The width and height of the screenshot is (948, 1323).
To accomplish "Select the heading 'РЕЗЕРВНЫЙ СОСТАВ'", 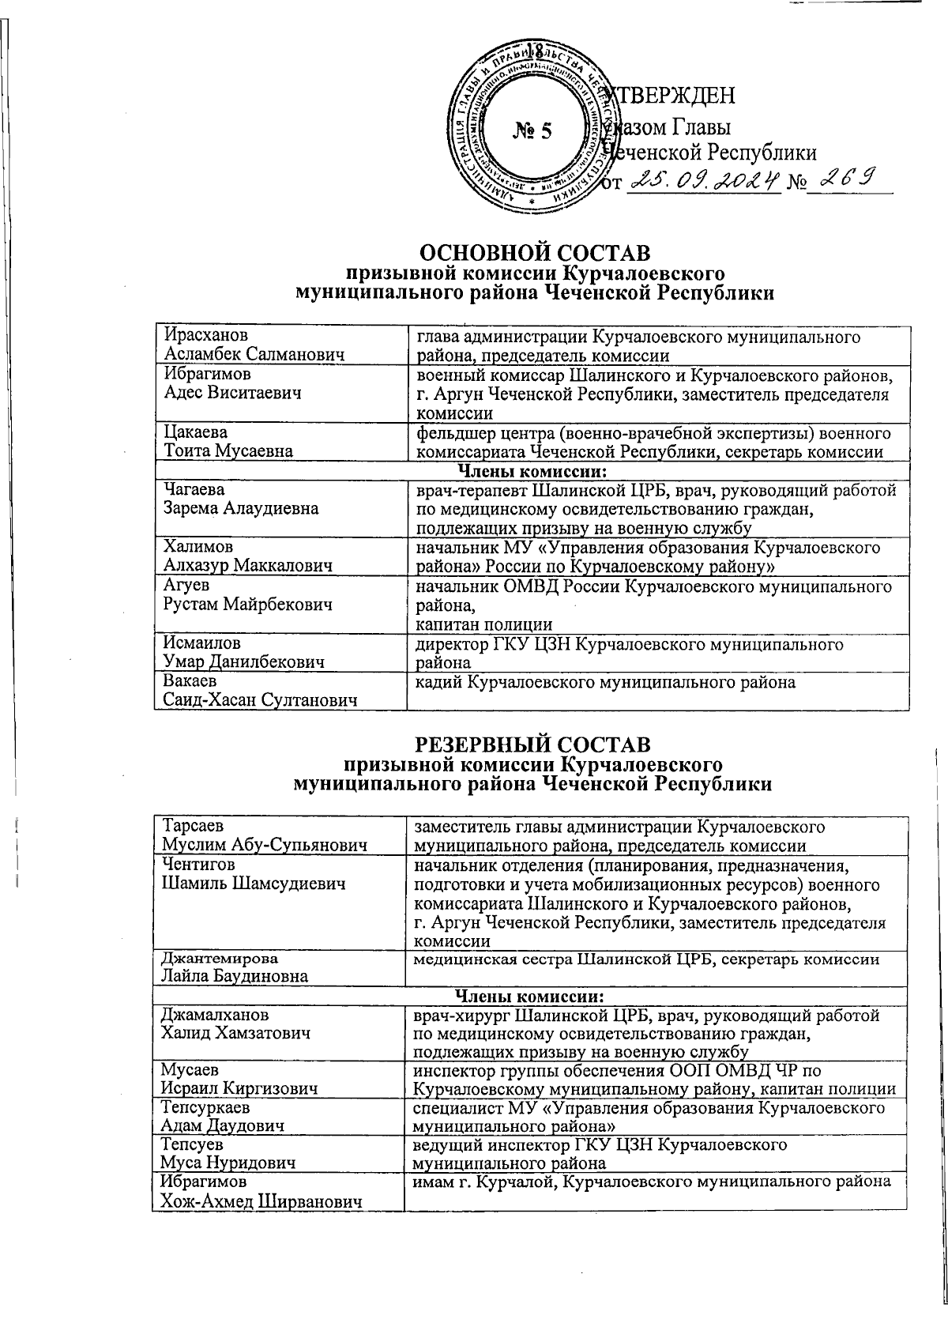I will pyautogui.click(x=534, y=744).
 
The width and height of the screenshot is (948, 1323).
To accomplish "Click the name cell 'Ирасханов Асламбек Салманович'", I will pyautogui.click(x=254, y=346).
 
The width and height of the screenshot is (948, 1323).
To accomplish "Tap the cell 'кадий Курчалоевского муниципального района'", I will pyautogui.click(x=605, y=681).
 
